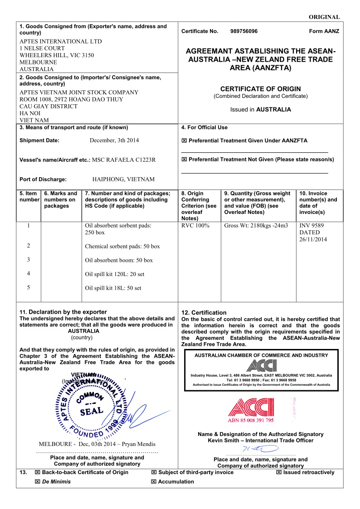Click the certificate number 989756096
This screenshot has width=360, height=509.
coord(244,31)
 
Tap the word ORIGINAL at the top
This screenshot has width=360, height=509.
coord(324,17)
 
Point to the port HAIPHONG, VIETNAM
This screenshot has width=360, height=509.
coord(123,179)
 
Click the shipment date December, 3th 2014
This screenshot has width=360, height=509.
coord(114,141)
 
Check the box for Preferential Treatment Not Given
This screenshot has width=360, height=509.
coord(184,160)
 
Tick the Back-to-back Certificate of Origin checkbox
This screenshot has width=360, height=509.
coord(38,472)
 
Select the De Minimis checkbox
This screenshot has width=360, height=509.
coord(38,482)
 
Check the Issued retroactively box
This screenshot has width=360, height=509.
coord(279,472)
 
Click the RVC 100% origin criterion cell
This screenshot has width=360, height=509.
coord(195,225)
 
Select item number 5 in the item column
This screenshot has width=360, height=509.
coord(29,287)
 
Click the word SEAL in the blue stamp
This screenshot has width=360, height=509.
coord(92,412)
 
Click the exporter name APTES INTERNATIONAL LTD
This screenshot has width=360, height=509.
coord(61,41)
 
